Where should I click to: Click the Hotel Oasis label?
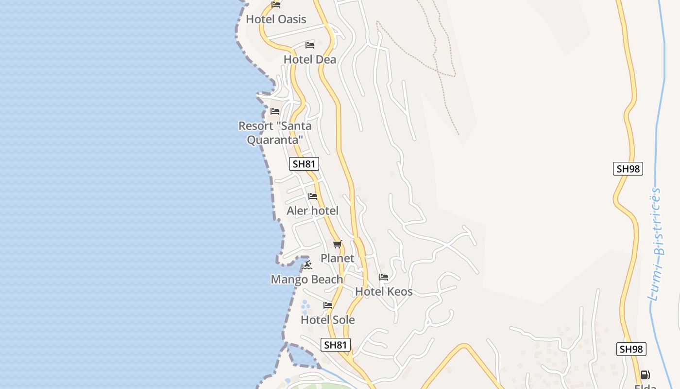[x=276, y=19]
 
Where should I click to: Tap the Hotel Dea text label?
[x=310, y=60]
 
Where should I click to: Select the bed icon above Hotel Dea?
[x=310, y=45]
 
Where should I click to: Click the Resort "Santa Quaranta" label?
[x=275, y=133]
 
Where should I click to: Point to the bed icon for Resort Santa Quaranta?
[x=275, y=111]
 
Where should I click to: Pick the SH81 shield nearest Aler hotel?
[x=304, y=164]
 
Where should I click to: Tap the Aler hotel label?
[x=312, y=211]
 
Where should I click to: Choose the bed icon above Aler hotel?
[x=313, y=196]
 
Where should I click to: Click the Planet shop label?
[x=337, y=258]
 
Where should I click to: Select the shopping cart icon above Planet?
[x=338, y=244]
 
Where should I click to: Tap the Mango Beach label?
[x=307, y=280]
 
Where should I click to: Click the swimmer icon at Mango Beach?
[x=307, y=265]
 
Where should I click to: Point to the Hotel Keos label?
[x=384, y=292]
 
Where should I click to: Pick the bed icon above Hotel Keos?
[x=384, y=277]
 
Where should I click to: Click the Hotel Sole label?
[x=328, y=320]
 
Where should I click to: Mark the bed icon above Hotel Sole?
[x=328, y=305]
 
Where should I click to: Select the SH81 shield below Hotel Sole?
[x=336, y=345]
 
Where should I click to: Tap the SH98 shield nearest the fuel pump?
[x=631, y=349]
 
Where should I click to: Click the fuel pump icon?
[x=646, y=375]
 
